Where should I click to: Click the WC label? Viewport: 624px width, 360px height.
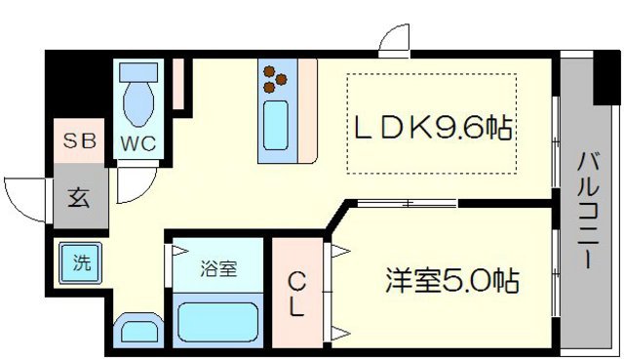pyautogui.click(x=137, y=141)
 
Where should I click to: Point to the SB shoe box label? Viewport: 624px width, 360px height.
pyautogui.click(x=80, y=140)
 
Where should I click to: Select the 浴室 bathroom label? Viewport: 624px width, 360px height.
pyautogui.click(x=218, y=268)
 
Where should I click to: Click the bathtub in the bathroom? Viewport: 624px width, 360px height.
pyautogui.click(x=216, y=321)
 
